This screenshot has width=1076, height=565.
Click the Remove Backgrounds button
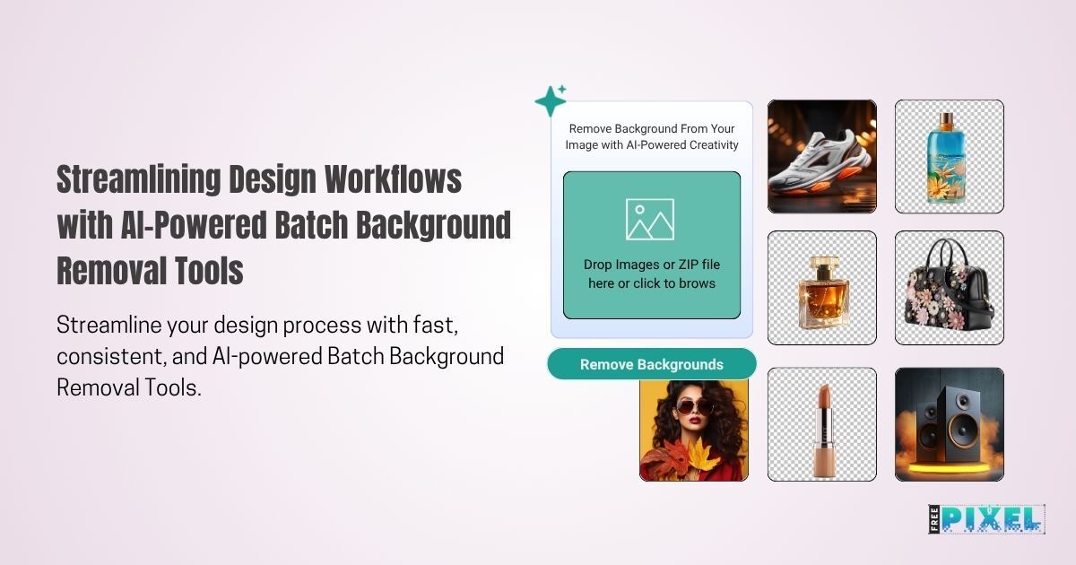click(651, 364)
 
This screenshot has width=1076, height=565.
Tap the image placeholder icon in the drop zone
click(650, 219)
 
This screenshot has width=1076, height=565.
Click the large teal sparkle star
click(550, 101)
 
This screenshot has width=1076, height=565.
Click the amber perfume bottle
click(822, 293)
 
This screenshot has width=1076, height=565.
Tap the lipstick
click(824, 430)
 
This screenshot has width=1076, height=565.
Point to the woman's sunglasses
click(695, 407)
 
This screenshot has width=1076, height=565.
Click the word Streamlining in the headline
click(139, 179)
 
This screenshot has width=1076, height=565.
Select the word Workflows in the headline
click(393, 178)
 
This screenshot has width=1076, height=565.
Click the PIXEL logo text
click(992, 519)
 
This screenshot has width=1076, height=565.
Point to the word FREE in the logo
click(934, 519)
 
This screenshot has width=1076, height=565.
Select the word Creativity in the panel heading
click(714, 144)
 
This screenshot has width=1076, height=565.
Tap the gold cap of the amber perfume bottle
click(822, 264)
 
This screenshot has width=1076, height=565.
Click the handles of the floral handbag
click(944, 252)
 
